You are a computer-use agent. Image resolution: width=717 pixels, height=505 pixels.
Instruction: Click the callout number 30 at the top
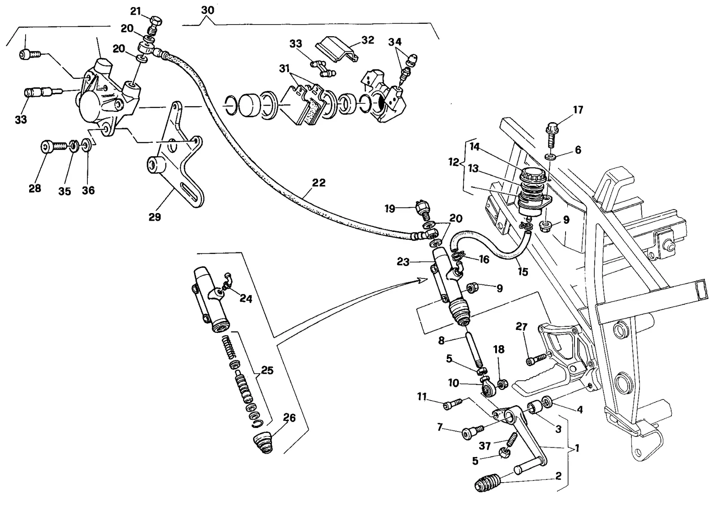(x=207, y=10)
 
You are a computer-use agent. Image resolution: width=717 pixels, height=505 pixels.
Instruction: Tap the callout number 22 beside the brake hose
(x=319, y=183)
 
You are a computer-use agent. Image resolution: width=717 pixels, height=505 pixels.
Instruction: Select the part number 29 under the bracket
(x=155, y=217)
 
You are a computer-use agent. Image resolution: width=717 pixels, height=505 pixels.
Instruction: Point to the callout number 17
(x=578, y=110)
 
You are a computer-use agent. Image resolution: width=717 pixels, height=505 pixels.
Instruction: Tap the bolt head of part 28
(x=48, y=147)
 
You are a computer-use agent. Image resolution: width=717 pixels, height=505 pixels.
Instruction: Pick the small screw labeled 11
(x=453, y=404)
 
